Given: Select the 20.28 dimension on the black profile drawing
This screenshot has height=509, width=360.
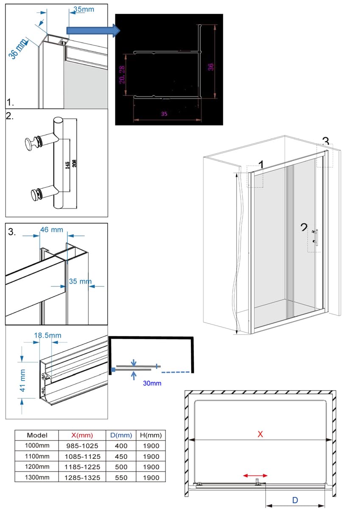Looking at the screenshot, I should (122, 75).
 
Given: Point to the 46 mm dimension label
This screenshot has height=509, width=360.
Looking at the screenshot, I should (51, 229).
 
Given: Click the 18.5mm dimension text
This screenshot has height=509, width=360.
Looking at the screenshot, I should (47, 335).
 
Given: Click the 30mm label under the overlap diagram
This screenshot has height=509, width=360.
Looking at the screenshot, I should (152, 383).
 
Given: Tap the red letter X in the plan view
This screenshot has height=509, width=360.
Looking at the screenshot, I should (260, 434).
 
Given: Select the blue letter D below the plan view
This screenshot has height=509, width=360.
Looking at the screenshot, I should (295, 501).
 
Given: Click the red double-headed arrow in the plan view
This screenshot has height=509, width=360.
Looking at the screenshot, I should (255, 476).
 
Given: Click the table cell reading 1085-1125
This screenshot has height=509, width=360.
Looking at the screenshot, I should (83, 456).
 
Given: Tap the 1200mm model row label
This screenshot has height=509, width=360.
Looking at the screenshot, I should (37, 467).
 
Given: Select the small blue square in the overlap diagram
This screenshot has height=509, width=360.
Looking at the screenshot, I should (113, 370).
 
